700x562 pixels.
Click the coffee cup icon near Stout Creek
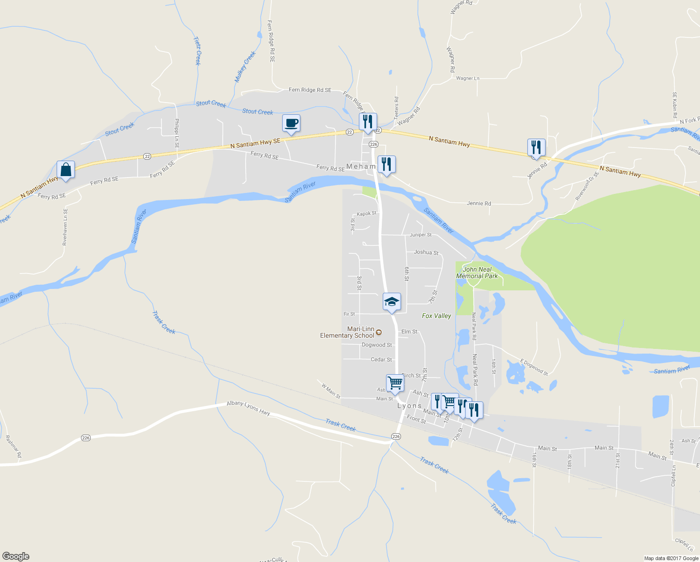point(291,123)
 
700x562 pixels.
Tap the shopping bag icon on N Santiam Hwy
point(66,170)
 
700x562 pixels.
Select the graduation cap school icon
point(392,302)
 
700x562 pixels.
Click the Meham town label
point(361,166)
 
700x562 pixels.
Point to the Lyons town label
point(409,406)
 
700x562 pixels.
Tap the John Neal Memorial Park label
point(477,273)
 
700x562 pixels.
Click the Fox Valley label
point(436,316)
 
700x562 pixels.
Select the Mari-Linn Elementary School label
point(348,332)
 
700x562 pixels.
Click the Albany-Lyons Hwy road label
point(248,407)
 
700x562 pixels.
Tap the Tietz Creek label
point(197,51)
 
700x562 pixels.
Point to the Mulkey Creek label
point(245,67)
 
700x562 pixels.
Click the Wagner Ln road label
point(467,78)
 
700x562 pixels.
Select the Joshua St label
point(426,252)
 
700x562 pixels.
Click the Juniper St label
point(421,235)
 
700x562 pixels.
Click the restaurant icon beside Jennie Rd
point(536,147)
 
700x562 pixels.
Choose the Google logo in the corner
point(16,556)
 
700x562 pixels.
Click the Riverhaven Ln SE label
point(65,227)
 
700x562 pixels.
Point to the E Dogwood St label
point(534,367)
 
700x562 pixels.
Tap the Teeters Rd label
point(396,107)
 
